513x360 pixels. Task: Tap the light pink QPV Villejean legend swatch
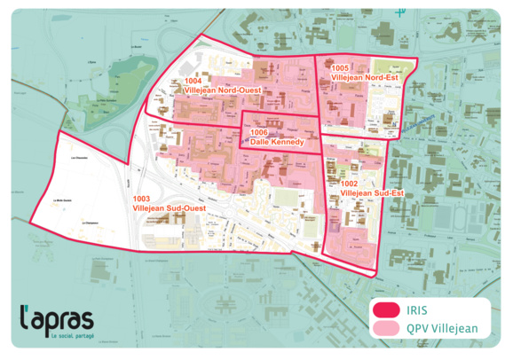387,329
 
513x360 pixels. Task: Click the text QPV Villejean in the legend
442,329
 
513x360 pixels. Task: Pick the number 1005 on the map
338,68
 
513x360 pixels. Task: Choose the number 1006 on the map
260,132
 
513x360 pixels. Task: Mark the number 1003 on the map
140,198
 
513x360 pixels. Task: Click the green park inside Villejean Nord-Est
384,69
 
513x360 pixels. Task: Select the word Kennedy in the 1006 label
289,142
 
